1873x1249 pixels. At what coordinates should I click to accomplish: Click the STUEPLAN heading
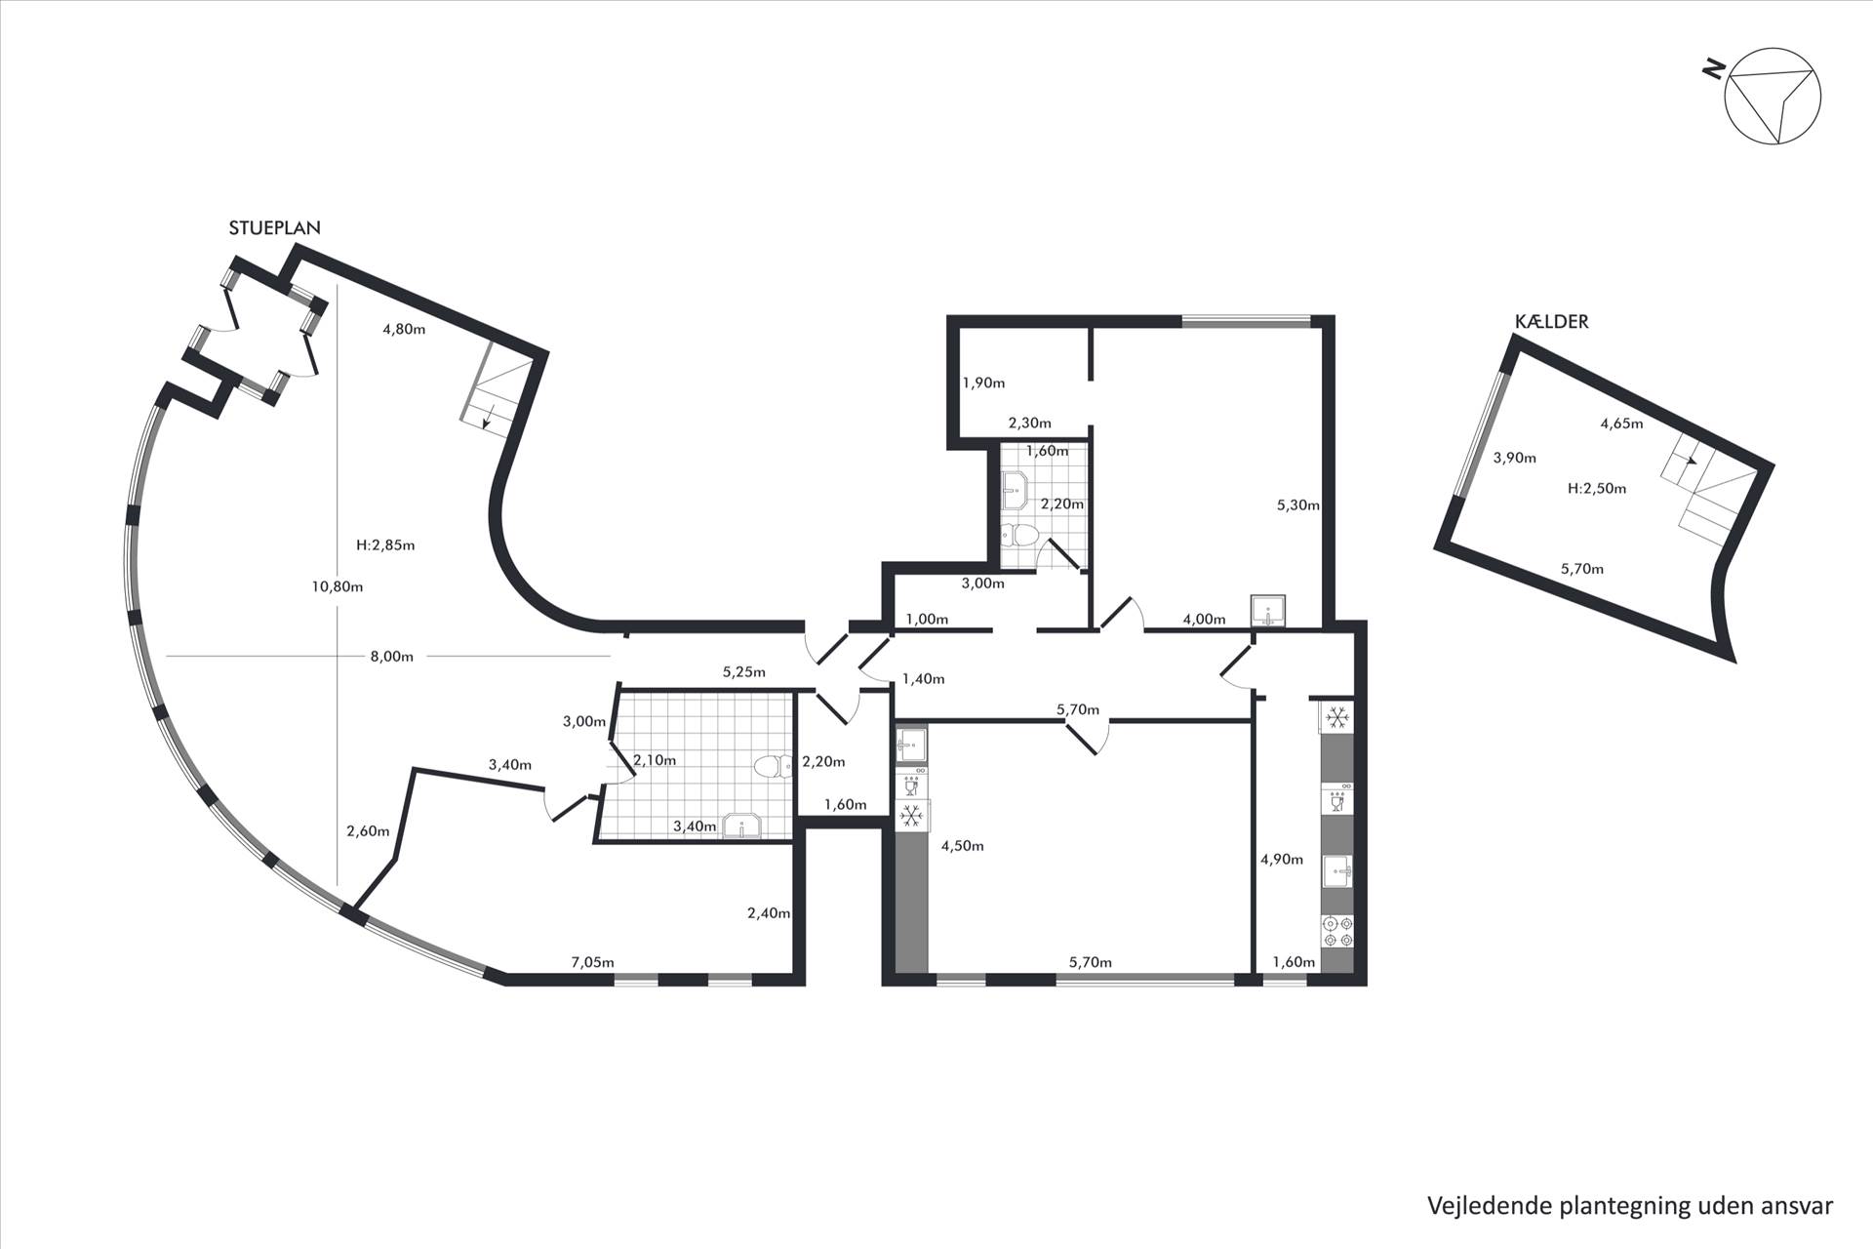[274, 227]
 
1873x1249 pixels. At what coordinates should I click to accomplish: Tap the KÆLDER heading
[1551, 321]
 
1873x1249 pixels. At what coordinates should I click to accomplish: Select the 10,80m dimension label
[338, 586]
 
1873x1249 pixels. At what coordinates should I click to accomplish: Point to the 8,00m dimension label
[392, 657]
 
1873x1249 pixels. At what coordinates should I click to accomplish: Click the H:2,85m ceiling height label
[386, 545]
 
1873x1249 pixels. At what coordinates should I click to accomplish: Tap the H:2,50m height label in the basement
[1597, 489]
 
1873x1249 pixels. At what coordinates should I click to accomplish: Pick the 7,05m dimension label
[592, 962]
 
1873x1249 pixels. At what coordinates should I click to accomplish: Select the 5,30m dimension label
[1298, 505]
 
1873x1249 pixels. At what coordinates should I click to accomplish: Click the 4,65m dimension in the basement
[1621, 423]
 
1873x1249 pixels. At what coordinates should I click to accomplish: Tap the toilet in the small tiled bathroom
[1020, 535]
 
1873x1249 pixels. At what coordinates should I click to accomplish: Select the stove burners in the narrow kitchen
[1337, 931]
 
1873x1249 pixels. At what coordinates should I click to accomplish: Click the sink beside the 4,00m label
[1269, 611]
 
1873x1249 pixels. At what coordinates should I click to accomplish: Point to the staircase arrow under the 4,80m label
[486, 417]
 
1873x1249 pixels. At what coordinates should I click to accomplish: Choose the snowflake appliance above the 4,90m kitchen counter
[1337, 718]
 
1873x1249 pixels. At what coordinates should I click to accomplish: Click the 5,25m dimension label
[743, 672]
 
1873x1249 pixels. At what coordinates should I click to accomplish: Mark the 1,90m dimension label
[983, 383]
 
